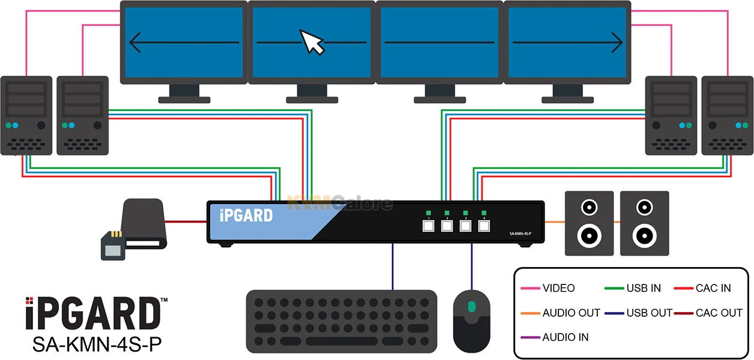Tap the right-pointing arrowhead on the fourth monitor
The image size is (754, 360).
617,42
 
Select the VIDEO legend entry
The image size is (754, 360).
558,288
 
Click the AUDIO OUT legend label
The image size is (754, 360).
571,313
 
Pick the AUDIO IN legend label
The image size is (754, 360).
565,337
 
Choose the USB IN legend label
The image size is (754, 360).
644,288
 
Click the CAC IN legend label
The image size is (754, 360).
713,288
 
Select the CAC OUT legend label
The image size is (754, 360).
719,313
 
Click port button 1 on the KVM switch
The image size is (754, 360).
429,226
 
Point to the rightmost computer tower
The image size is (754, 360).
726,115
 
